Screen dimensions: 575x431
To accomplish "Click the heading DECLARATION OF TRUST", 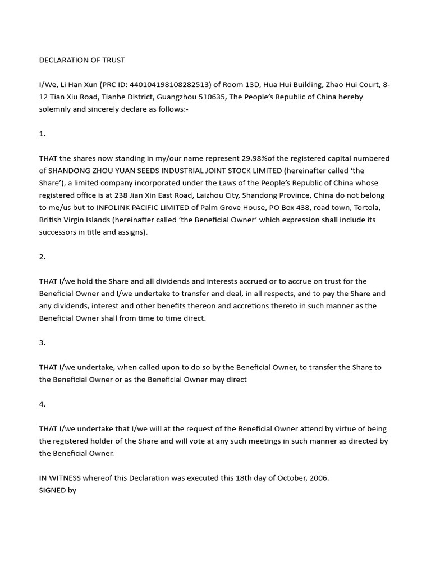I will coord(82,60).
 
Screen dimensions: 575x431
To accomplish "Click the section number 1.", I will coord(42,134).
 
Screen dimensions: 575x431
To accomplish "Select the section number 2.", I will coord(42,257).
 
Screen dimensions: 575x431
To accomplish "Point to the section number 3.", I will coord(42,343).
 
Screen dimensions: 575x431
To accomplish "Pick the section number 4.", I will coord(42,404).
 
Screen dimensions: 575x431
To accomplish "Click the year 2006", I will coord(319,478).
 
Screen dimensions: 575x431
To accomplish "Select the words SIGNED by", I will coord(57,490).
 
